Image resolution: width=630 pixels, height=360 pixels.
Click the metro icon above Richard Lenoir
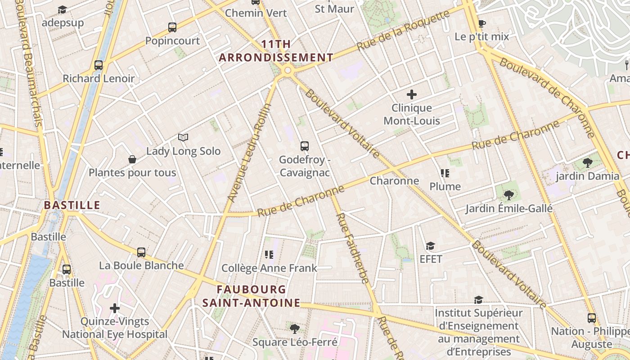[x=99, y=65]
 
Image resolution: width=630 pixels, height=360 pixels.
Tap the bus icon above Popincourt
[x=172, y=27]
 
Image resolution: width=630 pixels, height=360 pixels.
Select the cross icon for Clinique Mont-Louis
[x=412, y=94]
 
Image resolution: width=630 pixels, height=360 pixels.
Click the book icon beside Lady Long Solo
[x=183, y=137]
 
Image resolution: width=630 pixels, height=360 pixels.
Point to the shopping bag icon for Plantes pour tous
[x=132, y=159]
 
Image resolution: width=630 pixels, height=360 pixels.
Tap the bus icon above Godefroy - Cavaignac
[x=305, y=146]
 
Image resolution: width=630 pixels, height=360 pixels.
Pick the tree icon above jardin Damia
[x=587, y=163]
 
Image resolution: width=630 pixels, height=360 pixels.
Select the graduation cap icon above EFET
[x=431, y=246]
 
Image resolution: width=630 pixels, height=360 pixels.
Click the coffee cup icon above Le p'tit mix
[x=481, y=23]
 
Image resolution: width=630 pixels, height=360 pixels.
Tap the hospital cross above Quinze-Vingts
[x=115, y=308]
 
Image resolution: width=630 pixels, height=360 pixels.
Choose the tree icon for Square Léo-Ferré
[x=295, y=328]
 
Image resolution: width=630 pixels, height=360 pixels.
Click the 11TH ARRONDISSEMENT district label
[x=276, y=51]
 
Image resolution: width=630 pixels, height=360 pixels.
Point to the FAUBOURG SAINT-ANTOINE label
[x=251, y=296]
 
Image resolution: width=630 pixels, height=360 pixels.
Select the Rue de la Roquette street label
[x=403, y=30]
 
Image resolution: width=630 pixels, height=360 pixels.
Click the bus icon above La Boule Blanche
[x=141, y=252]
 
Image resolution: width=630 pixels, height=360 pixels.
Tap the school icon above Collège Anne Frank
[x=269, y=255]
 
